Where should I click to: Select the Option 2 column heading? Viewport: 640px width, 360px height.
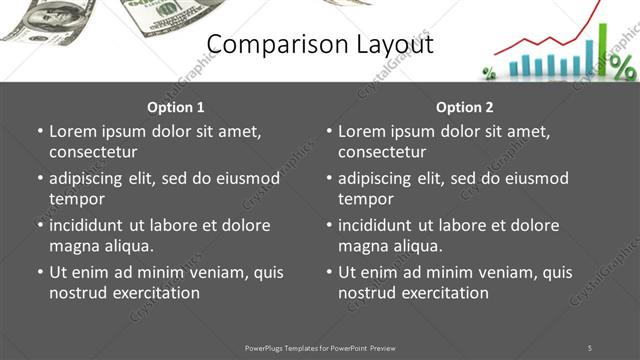click(x=465, y=107)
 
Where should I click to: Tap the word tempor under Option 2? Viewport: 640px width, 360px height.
click(x=366, y=199)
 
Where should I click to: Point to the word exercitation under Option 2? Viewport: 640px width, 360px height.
click(x=443, y=293)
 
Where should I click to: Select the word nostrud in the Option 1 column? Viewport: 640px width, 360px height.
click(x=78, y=293)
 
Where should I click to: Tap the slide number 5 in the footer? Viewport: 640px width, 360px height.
click(x=590, y=347)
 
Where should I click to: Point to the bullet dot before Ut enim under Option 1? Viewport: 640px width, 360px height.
click(x=40, y=272)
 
